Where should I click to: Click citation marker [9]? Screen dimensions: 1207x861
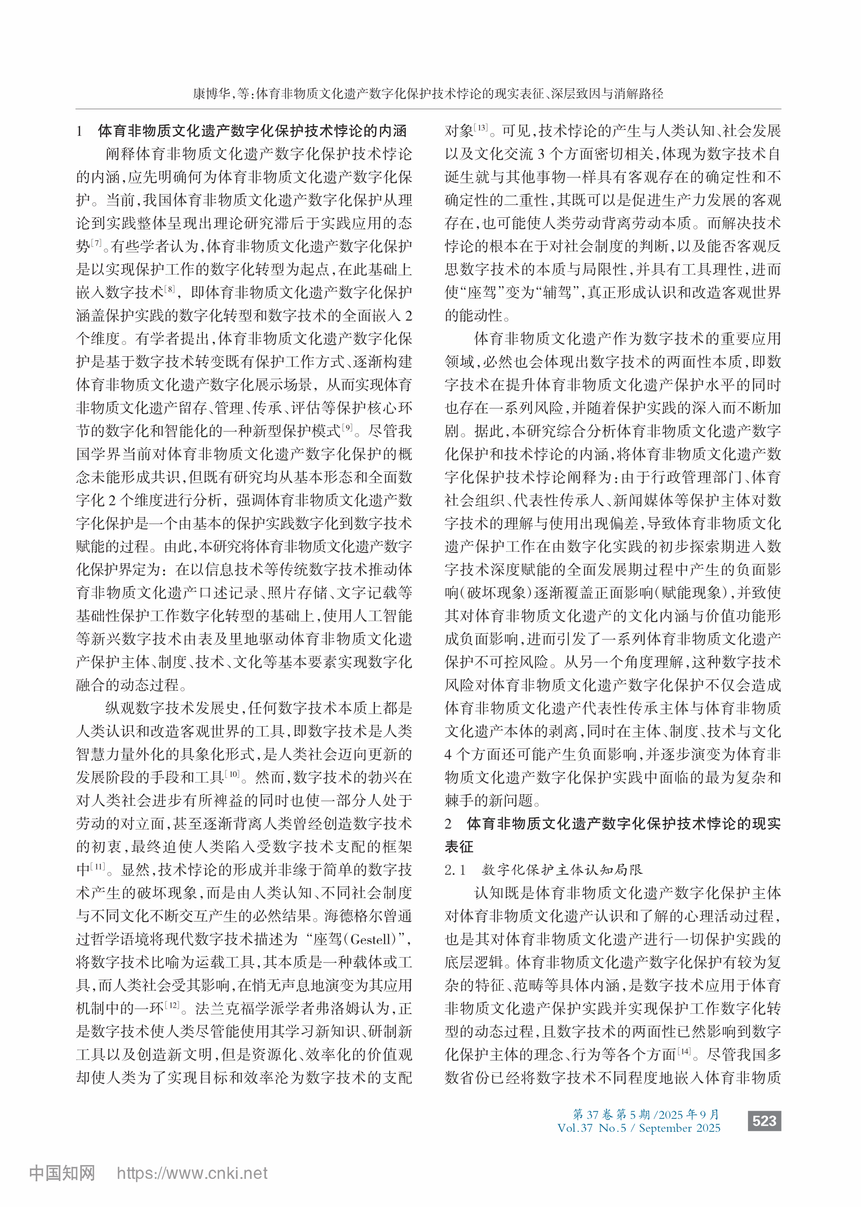(347, 427)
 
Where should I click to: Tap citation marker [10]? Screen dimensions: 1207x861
(233, 774)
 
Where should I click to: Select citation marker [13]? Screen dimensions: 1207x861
(481, 128)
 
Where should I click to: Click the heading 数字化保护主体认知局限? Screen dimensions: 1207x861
(562, 870)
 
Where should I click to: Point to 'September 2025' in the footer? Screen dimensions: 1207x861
(680, 1128)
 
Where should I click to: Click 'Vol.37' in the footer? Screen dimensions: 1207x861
(575, 1128)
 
